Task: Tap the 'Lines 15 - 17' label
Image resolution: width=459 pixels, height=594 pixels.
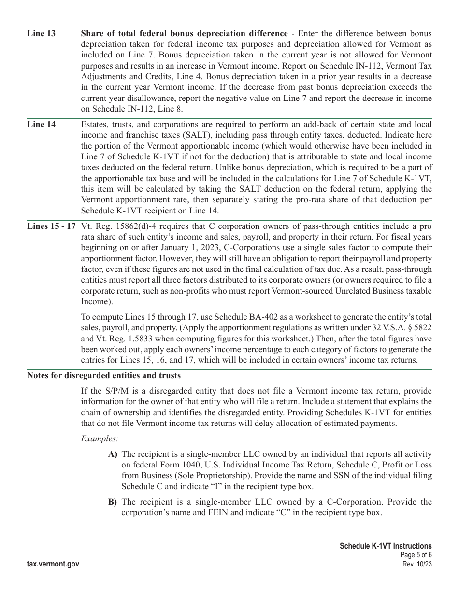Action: [51, 226]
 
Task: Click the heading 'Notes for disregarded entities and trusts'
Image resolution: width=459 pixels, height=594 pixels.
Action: [104, 376]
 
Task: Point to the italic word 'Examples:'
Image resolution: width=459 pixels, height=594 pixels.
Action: [100, 438]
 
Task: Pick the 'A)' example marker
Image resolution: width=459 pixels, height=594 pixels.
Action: [113, 454]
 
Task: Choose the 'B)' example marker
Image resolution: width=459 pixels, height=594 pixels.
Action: [113, 502]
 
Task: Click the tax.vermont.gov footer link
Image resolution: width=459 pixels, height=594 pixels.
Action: [53, 564]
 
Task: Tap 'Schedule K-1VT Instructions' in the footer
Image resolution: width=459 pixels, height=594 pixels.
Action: [386, 546]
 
